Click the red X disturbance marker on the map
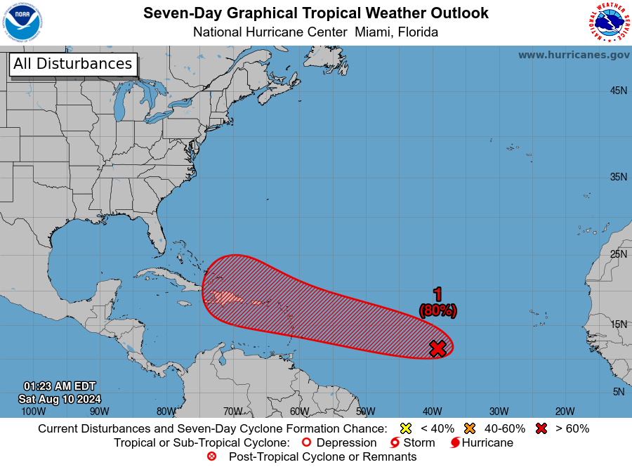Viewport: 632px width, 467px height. click(x=437, y=348)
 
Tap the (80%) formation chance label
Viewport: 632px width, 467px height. click(x=437, y=310)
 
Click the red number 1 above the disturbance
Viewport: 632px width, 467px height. click(x=437, y=295)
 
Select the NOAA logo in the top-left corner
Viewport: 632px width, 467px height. click(x=22, y=22)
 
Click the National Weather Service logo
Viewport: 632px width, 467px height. click(x=607, y=22)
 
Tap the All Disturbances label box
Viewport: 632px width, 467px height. click(x=72, y=64)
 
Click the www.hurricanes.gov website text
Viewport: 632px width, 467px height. click(x=574, y=55)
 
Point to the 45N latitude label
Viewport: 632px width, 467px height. click(x=618, y=91)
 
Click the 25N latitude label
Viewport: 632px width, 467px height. click(x=618, y=254)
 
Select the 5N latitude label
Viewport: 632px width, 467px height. click(x=618, y=392)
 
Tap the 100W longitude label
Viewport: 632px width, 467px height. click(x=33, y=412)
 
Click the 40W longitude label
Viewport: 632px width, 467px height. click(x=432, y=412)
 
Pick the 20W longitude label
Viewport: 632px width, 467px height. click(x=565, y=412)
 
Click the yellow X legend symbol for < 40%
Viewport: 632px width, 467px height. click(x=404, y=428)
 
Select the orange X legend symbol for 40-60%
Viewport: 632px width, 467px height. click(x=470, y=428)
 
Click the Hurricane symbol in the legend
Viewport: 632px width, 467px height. click(x=455, y=443)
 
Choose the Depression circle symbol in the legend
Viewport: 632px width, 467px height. click(x=305, y=443)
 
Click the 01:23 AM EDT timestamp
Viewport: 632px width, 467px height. click(x=60, y=386)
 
